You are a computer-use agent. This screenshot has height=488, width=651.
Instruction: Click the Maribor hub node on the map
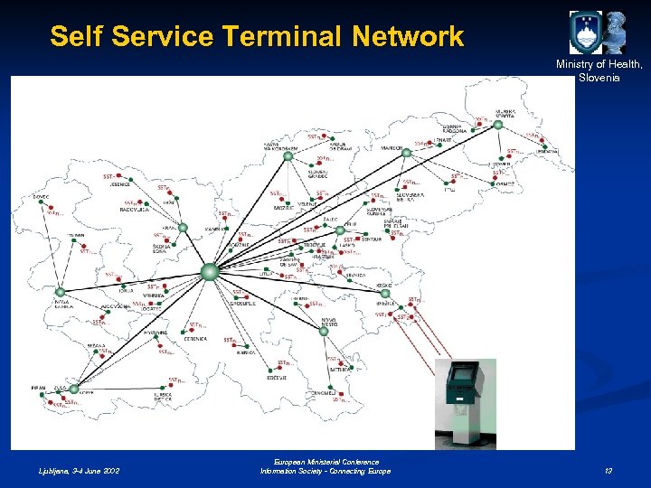coord(406,152)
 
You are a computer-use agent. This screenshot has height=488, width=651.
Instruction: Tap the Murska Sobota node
coord(498,125)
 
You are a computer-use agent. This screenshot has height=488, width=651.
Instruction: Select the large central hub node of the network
coord(210,270)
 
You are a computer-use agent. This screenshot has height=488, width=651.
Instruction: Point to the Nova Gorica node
coord(61,293)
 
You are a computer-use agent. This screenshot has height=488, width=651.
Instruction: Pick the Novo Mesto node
coord(324,331)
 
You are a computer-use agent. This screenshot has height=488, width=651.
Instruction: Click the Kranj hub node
coord(182,228)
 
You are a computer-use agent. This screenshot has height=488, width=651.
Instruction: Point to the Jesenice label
coord(121,184)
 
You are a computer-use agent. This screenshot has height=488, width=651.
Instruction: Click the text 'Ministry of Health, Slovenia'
coord(599,70)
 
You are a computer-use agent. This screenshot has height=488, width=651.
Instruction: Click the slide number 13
coord(608,471)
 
